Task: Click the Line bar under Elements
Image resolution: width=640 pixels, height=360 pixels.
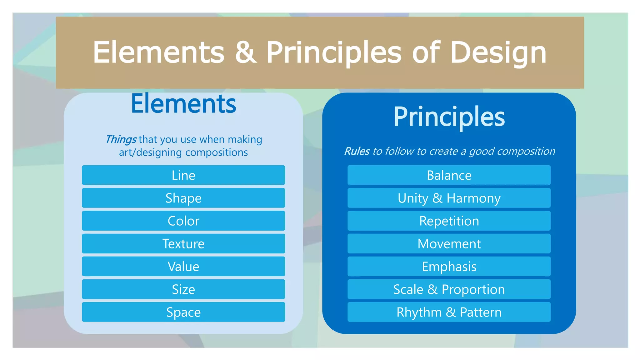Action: tap(183, 175)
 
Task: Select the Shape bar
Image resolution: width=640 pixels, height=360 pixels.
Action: tap(183, 198)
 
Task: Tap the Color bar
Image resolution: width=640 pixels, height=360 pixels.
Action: tap(183, 221)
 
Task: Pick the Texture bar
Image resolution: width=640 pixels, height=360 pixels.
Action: tap(183, 244)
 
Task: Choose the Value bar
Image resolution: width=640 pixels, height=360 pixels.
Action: tap(183, 267)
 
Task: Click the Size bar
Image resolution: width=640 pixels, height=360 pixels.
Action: tap(183, 289)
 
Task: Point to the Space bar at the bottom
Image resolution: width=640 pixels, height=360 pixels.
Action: tap(183, 312)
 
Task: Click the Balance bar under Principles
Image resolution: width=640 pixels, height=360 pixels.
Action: tap(449, 175)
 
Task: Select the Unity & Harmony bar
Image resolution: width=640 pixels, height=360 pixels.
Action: tap(449, 198)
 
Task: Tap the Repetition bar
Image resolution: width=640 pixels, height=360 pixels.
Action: tap(449, 221)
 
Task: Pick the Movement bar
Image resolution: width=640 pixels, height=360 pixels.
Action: tap(449, 244)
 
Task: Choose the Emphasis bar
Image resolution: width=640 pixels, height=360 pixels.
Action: tap(449, 267)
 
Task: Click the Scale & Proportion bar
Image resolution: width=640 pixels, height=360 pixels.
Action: tap(449, 289)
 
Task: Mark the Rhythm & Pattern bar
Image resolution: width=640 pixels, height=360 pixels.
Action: tap(449, 312)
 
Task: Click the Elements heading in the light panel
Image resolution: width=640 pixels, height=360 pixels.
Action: tap(183, 104)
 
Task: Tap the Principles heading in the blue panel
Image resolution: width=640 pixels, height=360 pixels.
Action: tap(449, 117)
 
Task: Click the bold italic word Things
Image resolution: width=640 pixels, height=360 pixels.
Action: tap(121, 139)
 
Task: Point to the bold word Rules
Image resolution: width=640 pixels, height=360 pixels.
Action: tap(357, 151)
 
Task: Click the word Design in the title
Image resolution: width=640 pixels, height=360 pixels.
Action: tap(498, 52)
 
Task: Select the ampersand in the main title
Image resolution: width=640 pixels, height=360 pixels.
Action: tap(246, 52)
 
